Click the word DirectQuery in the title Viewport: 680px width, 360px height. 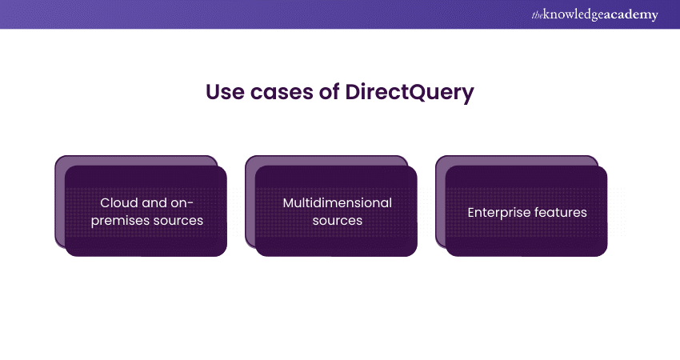coord(410,92)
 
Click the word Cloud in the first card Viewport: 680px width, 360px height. coord(118,203)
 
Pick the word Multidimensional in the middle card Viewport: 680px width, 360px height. coord(337,203)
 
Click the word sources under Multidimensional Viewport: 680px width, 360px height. coord(337,220)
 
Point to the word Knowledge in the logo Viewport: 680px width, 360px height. coord(570,15)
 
